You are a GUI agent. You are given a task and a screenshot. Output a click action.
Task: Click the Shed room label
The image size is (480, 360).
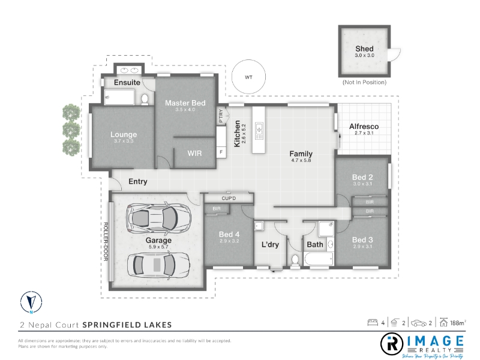coord(364,49)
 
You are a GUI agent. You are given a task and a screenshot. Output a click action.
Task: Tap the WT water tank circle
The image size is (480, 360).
coord(248,61)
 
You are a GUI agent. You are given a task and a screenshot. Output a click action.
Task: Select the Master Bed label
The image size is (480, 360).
coord(185,103)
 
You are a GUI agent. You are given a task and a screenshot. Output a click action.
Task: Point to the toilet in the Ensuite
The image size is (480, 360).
coord(145,99)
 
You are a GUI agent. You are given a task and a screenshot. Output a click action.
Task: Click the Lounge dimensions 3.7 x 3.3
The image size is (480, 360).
coord(124,141)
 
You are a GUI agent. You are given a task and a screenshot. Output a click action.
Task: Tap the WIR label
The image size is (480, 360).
coord(194,153)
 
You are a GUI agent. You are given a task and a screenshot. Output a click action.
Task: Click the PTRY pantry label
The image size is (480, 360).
coord(221,116)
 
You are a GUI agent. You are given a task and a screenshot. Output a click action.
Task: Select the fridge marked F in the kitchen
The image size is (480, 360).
coord(221,152)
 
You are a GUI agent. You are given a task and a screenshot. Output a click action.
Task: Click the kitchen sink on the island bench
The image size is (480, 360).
coord(259,131)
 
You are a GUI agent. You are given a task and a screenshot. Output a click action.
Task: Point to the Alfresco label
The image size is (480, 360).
coord(364,127)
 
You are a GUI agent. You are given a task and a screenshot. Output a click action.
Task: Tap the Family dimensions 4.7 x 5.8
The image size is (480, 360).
coord(301,160)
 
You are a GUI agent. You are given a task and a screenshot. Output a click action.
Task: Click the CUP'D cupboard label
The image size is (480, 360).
coord(229,199)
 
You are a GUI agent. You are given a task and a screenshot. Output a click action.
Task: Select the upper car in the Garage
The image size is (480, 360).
coord(159,218)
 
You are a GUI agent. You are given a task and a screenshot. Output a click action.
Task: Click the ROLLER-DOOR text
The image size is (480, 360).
coord(106,242)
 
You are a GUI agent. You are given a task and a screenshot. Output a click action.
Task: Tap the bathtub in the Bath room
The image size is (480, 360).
coord(319,260)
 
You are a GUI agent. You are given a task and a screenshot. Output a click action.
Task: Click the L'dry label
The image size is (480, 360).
coord(271,245)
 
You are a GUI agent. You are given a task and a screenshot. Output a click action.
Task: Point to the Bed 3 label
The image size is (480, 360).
coord(362,239)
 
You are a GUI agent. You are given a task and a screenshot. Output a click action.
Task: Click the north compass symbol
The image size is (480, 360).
coord(31,302)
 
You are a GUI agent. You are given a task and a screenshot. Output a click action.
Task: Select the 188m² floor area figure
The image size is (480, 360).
coord(458,323)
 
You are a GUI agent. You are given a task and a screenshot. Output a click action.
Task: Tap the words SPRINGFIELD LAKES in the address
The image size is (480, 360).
coord(127,325)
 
